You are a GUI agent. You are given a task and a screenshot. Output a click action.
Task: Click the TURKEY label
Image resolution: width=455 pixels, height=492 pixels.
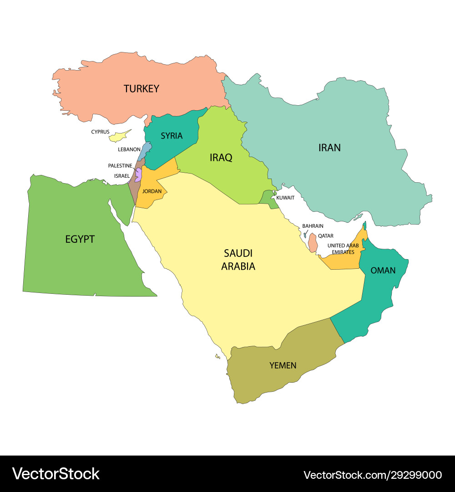[142, 88]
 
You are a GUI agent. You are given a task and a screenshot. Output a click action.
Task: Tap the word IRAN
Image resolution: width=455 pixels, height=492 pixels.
[329, 147]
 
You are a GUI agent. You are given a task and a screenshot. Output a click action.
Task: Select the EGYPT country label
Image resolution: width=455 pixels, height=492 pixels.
[80, 239]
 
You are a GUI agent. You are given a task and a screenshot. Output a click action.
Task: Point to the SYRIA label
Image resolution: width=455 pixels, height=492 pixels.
[172, 136]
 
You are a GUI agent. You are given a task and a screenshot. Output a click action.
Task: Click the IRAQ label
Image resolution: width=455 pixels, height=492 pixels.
[221, 158]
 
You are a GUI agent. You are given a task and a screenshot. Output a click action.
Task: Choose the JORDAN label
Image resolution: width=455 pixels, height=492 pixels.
[152, 191]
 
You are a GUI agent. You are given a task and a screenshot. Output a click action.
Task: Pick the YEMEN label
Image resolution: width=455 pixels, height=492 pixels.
[283, 365]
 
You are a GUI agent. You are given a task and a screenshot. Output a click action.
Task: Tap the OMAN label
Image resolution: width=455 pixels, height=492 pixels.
[383, 270]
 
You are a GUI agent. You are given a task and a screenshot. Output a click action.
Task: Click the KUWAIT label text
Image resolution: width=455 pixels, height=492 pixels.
[286, 198]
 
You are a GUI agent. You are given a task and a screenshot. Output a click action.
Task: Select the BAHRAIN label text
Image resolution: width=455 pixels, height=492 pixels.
[313, 226]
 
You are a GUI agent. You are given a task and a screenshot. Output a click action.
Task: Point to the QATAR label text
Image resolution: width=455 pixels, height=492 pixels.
[326, 236]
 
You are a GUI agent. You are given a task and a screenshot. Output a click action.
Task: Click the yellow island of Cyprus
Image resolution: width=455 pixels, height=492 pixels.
[121, 136]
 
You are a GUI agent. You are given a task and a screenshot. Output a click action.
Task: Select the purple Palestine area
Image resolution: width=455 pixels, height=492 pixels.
[138, 175]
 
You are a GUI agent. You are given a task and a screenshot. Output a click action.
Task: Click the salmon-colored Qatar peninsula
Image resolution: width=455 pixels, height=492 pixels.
[313, 242]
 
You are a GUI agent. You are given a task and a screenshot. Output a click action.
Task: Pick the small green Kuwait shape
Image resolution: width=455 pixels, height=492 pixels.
[268, 199]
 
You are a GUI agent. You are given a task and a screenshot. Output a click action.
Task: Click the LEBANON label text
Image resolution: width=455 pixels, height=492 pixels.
[129, 149]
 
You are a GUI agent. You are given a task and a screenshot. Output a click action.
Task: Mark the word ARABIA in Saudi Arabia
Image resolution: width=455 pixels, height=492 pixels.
[238, 266]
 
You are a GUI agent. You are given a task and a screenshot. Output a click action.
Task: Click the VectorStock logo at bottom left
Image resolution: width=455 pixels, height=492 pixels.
[56, 474]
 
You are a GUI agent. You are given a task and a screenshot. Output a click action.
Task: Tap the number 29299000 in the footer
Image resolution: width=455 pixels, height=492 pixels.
[417, 475]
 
